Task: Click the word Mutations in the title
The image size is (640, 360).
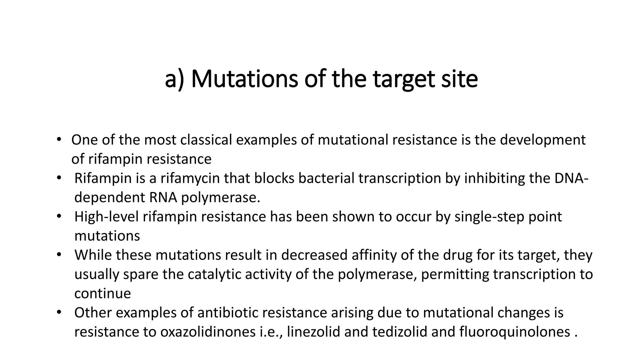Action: (244, 79)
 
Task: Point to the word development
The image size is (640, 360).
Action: (542, 140)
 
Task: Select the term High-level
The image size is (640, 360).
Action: (106, 217)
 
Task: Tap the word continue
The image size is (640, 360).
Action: (102, 293)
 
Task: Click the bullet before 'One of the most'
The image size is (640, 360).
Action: (59, 140)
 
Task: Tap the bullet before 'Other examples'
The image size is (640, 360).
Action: (59, 312)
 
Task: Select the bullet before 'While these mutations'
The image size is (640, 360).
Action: (59, 255)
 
